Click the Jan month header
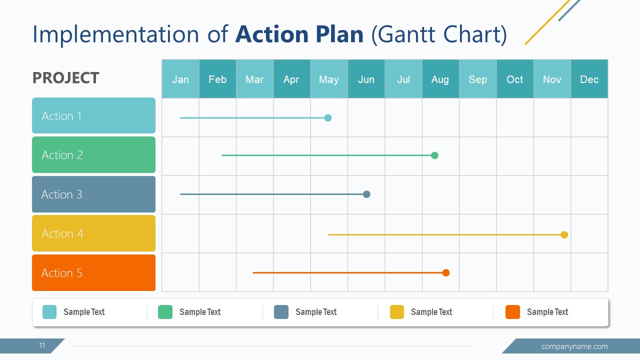(x=180, y=79)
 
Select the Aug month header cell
(x=440, y=79)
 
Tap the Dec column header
(x=589, y=79)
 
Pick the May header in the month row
(x=328, y=79)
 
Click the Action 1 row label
(x=93, y=115)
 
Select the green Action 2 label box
(x=93, y=155)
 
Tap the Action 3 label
(x=93, y=194)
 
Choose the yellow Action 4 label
(x=93, y=233)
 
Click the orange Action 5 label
(x=93, y=272)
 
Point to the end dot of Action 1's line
(x=328, y=118)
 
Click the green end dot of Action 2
(x=434, y=155)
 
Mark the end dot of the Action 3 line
(x=366, y=194)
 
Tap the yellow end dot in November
(x=564, y=235)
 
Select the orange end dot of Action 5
(x=446, y=273)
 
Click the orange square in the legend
(x=512, y=312)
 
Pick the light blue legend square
(x=49, y=312)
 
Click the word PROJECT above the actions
(x=65, y=78)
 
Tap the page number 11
(x=42, y=345)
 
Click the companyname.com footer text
(x=574, y=346)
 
